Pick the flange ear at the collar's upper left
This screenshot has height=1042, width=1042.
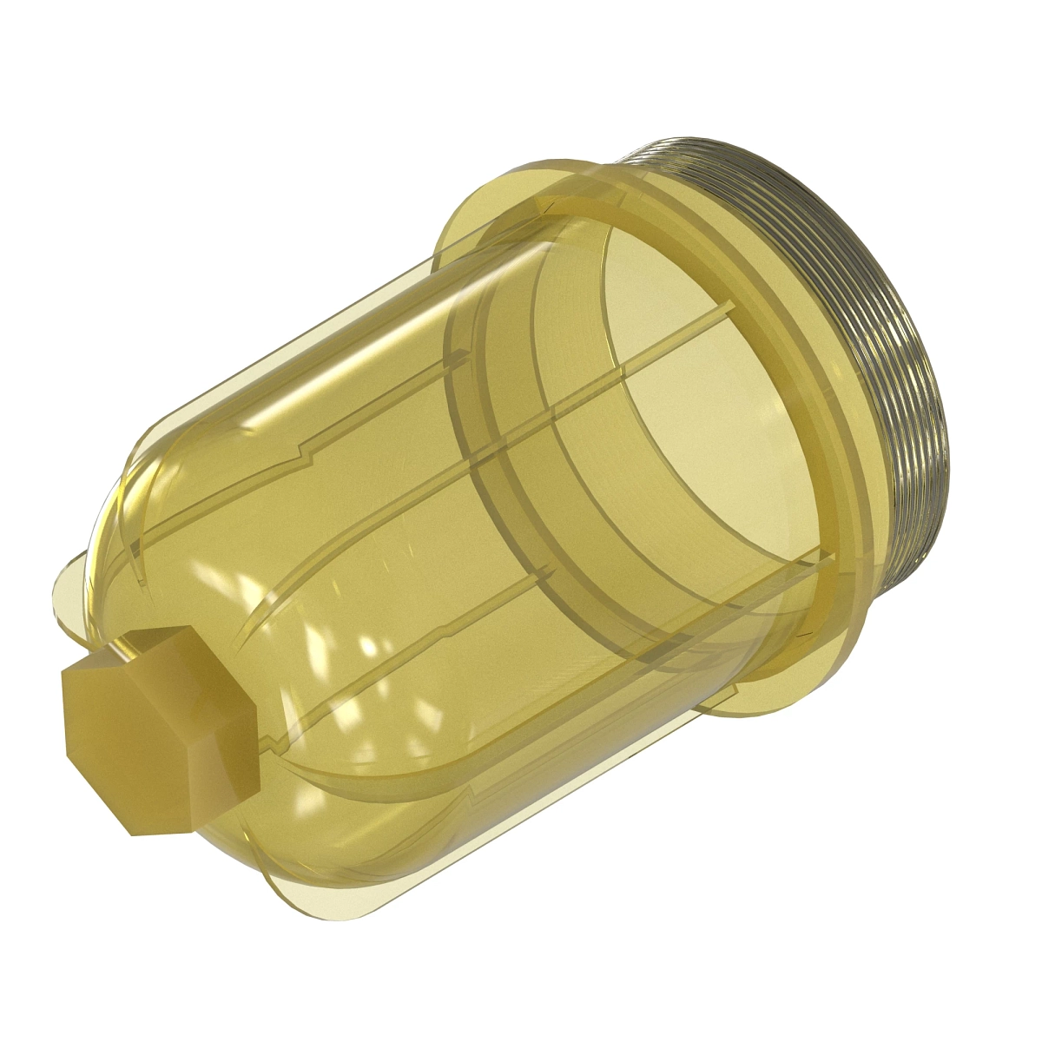[469, 217]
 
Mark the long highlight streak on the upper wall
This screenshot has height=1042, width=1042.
[365, 365]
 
